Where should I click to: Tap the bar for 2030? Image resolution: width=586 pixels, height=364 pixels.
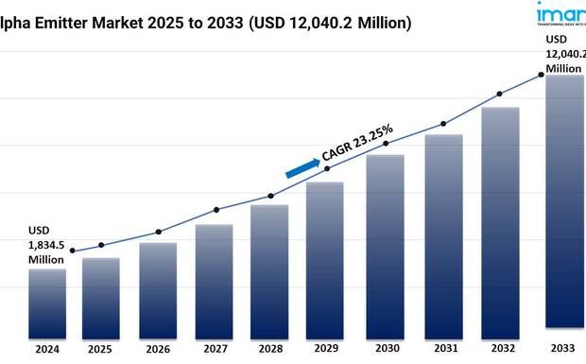385,245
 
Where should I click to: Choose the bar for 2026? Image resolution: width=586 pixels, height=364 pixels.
158,289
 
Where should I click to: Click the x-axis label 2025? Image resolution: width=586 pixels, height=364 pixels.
101,349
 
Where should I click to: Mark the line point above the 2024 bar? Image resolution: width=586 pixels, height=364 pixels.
73,251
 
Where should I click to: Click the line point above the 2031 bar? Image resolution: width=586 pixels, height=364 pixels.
443,124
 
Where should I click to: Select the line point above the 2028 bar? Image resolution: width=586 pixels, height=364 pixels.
271,196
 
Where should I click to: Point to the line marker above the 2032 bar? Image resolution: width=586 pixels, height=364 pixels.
500,94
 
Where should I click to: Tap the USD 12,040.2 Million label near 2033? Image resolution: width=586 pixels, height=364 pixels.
563,53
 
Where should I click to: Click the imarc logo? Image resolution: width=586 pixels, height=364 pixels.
563,15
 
